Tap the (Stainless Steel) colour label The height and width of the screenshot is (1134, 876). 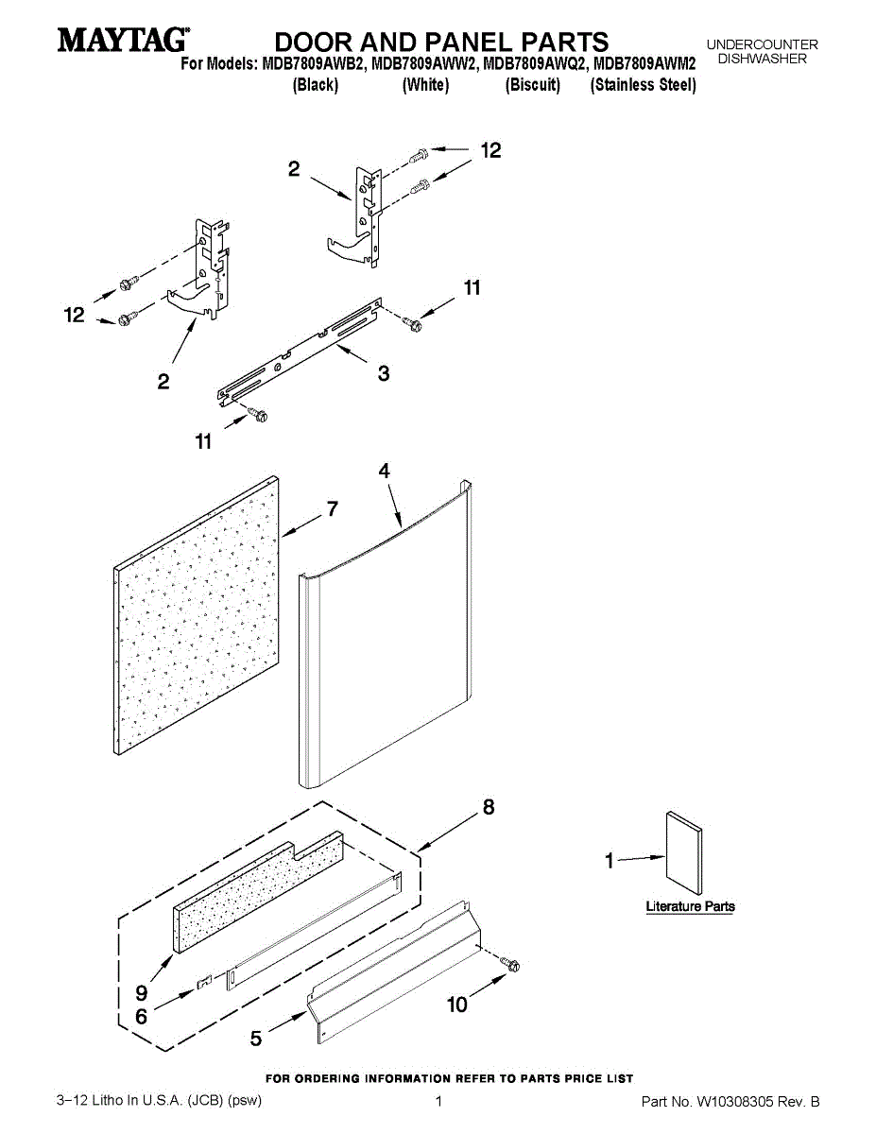[x=643, y=85]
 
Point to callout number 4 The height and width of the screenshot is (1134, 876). [x=385, y=470]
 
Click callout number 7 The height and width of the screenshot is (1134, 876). [x=332, y=508]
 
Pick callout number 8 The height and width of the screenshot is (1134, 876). [x=488, y=808]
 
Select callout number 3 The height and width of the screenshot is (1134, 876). [x=383, y=373]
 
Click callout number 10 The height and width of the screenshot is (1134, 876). [x=456, y=1005]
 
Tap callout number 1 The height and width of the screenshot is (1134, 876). [x=610, y=860]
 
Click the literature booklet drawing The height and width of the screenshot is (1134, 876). [x=683, y=852]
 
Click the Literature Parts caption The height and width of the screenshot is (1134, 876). [x=690, y=906]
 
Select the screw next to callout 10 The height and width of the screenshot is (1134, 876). [x=511, y=964]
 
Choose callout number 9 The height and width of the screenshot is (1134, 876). [x=141, y=993]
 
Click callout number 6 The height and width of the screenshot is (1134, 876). [x=141, y=1017]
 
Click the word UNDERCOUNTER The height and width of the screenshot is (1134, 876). [x=762, y=44]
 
